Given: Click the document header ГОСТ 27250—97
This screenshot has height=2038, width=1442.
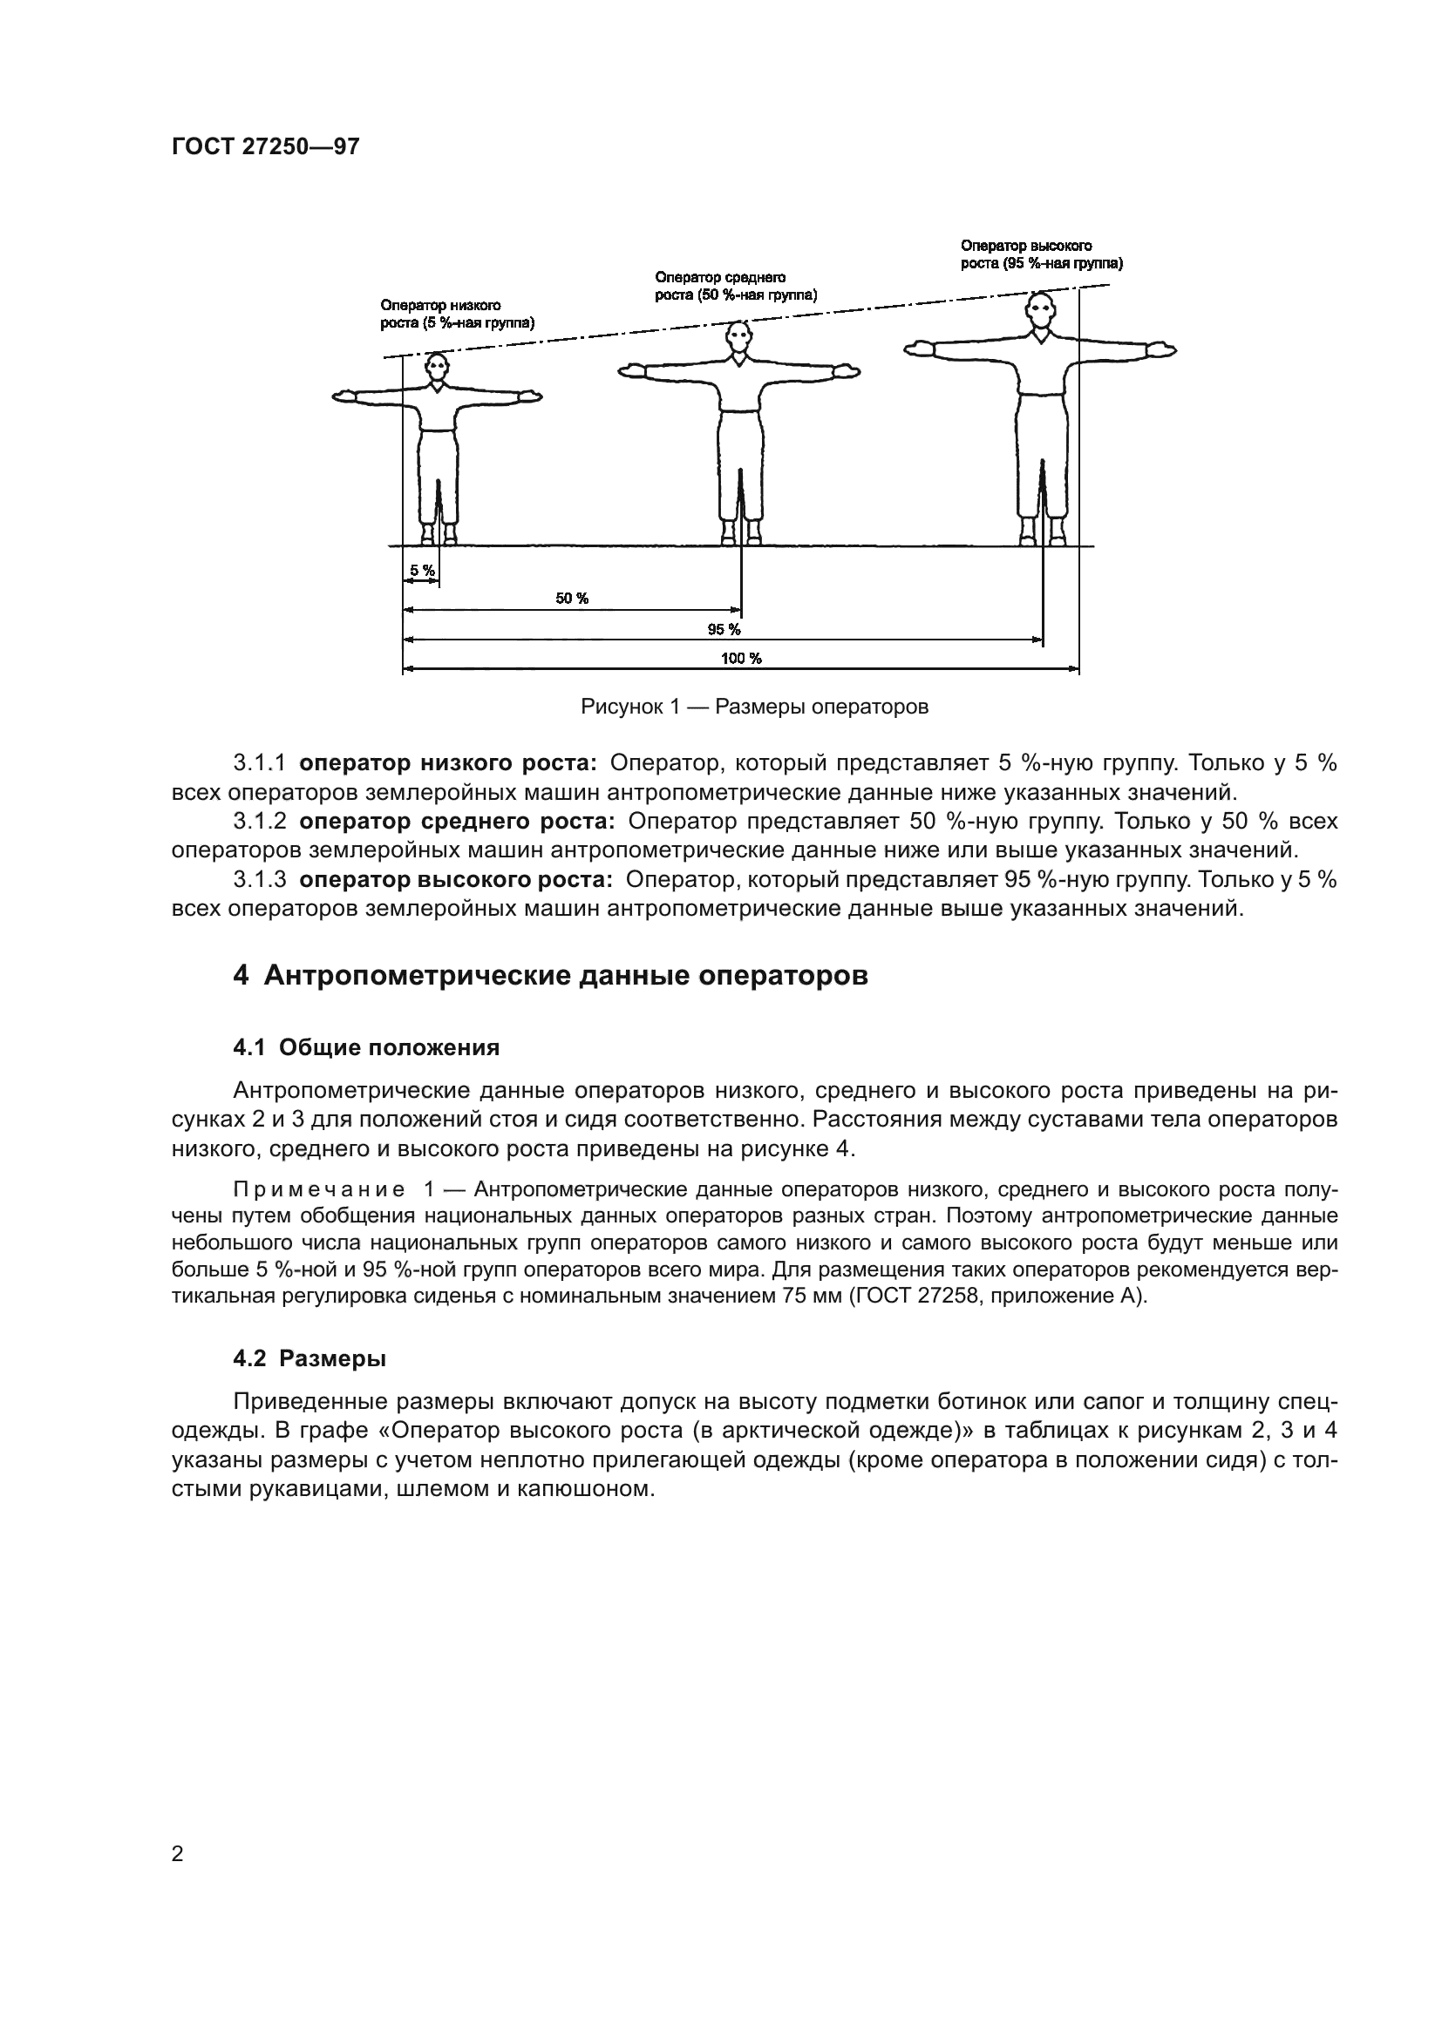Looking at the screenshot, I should pos(266,146).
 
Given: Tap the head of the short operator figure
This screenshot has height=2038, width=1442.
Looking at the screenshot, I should pos(436,366).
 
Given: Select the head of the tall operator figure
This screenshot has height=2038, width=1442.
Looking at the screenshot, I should pos(1041,312).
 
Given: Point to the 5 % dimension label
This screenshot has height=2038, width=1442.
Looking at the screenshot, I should pos(422,571).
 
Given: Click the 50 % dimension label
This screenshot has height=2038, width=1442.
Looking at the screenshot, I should pos(572,599).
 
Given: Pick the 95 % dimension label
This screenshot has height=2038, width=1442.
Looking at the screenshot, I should pos(724,629).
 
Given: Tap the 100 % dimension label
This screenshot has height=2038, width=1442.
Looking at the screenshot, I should pos(740,658).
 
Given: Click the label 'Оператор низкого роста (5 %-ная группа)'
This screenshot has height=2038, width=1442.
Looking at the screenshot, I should pos(458,315).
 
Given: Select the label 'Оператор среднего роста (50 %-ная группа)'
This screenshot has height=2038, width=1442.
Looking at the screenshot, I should pos(735,286).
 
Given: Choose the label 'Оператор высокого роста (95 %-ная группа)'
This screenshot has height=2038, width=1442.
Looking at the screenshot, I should pos(1042,254).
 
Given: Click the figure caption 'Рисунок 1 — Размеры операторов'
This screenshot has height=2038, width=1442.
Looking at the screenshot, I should pos(754,707).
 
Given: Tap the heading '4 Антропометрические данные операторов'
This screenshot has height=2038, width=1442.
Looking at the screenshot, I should pos(550,976).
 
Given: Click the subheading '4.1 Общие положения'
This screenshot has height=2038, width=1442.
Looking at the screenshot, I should pos(366,1047).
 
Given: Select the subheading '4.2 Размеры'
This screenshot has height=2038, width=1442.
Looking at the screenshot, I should pos(309,1358).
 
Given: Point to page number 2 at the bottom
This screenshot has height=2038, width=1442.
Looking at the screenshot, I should pos(177,1853).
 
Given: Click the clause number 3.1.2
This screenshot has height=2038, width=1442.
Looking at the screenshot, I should pos(259,821).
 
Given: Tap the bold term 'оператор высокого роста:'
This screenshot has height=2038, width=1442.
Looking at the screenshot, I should pos(456,880).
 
